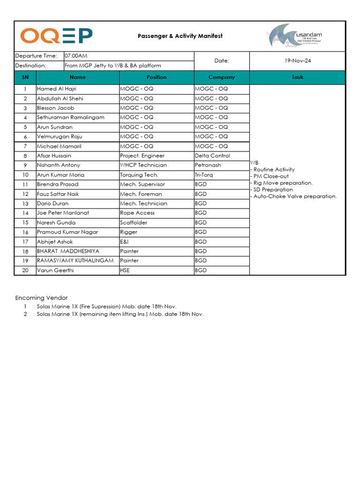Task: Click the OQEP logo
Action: tap(56, 36)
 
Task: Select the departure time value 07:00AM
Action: tap(76, 56)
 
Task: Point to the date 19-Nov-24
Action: tap(298, 61)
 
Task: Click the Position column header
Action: tap(157, 77)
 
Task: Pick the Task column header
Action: tap(298, 77)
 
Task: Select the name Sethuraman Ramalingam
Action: tap(71, 117)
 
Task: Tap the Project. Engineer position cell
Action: tap(142, 156)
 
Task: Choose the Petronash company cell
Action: tap(209, 165)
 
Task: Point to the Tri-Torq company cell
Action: tap(205, 175)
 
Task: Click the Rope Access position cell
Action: tap(137, 213)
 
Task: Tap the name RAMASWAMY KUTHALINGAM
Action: tap(75, 261)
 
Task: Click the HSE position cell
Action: tap(126, 270)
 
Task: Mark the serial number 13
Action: tap(25, 204)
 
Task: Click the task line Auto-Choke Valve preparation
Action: tap(295, 196)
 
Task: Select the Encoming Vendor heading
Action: tap(41, 298)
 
